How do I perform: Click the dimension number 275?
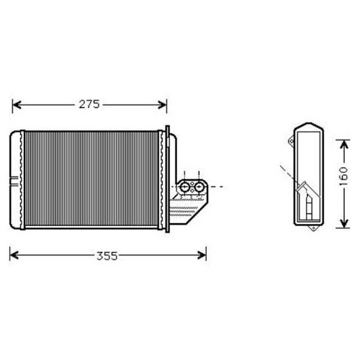tap(89, 104)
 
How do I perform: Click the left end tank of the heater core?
tap(16, 180)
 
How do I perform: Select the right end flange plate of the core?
tap(168, 180)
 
